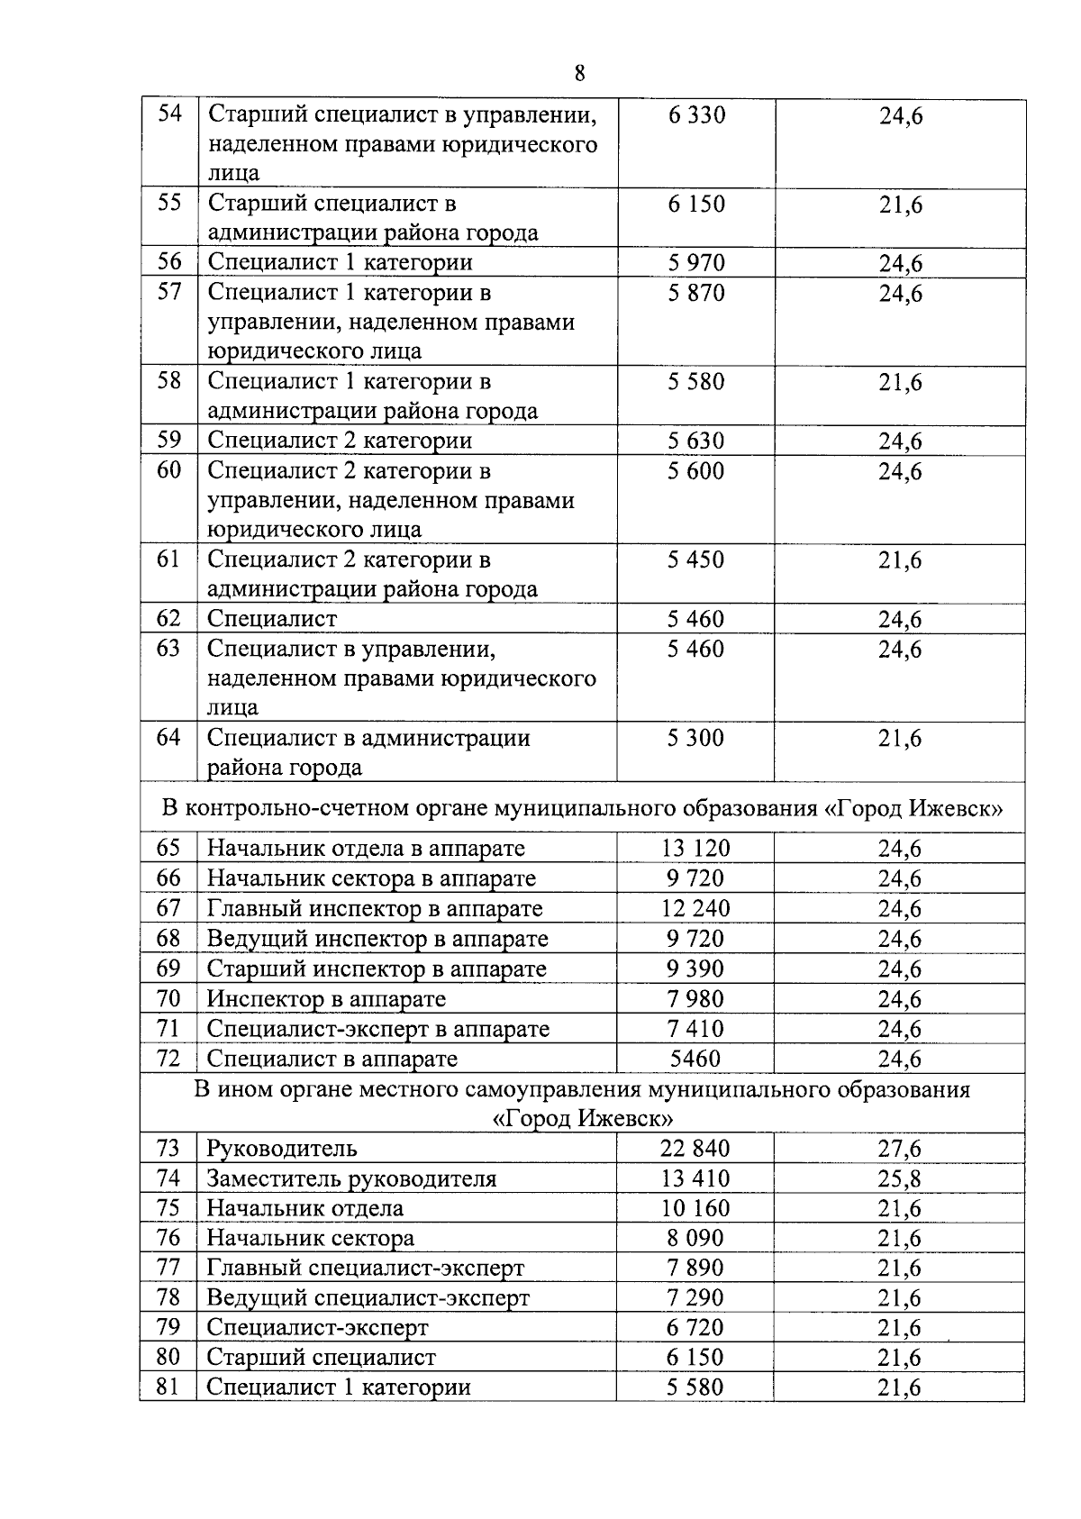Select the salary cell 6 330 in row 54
pos(696,115)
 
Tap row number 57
pos(169,292)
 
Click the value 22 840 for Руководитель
pos(695,1149)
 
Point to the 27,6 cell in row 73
pos(900,1149)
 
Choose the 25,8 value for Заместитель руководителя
pos(900,1178)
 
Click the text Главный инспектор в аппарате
pos(375,908)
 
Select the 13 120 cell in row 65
pos(695,849)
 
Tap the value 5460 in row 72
pos(695,1059)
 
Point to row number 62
pos(168,619)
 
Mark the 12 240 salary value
pos(695,908)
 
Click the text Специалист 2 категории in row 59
pos(340,441)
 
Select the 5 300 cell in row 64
pos(695,739)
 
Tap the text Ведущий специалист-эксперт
pos(368,1297)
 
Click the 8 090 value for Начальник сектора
pos(695,1238)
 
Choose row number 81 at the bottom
pos(168,1387)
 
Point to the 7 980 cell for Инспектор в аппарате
pos(695,999)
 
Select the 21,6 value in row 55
pos(901,205)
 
